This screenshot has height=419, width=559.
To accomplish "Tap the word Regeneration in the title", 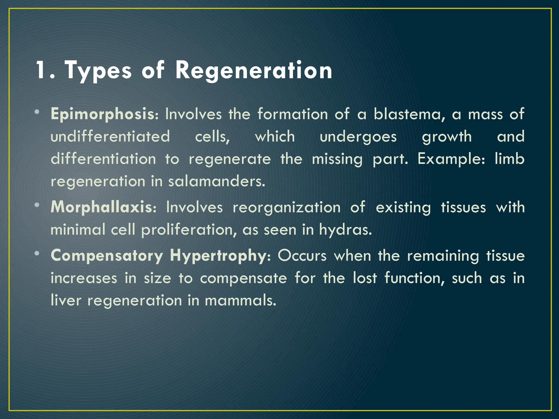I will coord(254,71).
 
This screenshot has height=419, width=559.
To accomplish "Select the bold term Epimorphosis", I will coord(103,114).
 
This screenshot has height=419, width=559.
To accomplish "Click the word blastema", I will coord(407,114).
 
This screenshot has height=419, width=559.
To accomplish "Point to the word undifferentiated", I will coord(110,136).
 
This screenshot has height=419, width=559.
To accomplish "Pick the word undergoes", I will coord(358,137).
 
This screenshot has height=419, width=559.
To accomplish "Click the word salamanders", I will coord(216,181).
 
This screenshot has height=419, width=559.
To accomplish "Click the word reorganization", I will coord(286,208).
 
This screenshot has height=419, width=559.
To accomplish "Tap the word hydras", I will coord(346,230).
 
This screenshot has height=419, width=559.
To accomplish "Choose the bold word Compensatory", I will coord(107,256).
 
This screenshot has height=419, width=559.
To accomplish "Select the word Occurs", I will coord(302,256).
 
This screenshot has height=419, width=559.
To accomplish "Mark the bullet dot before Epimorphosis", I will coord(37,112).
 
